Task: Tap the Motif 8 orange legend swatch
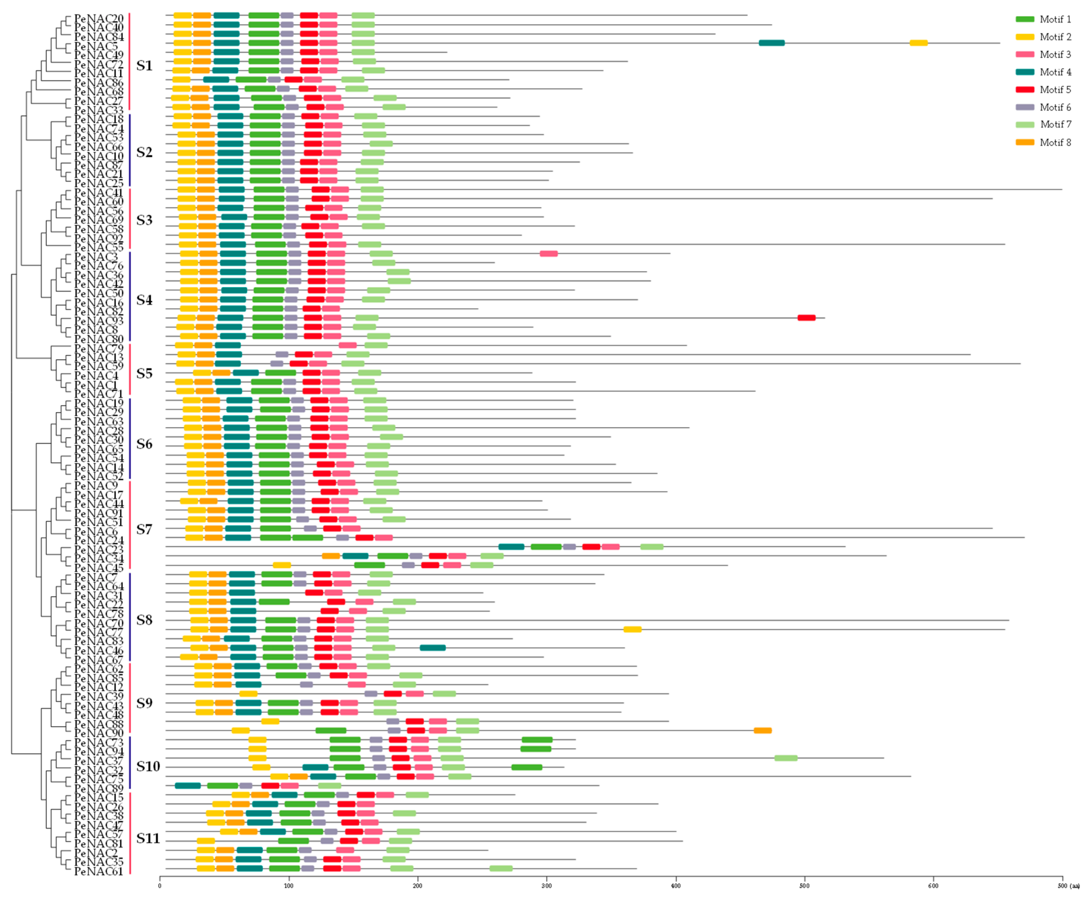pos(1025,142)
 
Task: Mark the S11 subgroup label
pos(148,838)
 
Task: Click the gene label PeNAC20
pos(99,19)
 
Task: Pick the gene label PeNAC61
pos(99,872)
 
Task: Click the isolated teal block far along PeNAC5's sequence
pos(771,43)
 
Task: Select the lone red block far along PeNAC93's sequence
pos(806,318)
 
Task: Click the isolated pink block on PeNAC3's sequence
pos(549,254)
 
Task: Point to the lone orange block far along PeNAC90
pos(763,730)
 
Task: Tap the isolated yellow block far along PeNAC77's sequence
pos(632,629)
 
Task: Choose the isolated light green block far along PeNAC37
pos(785,758)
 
